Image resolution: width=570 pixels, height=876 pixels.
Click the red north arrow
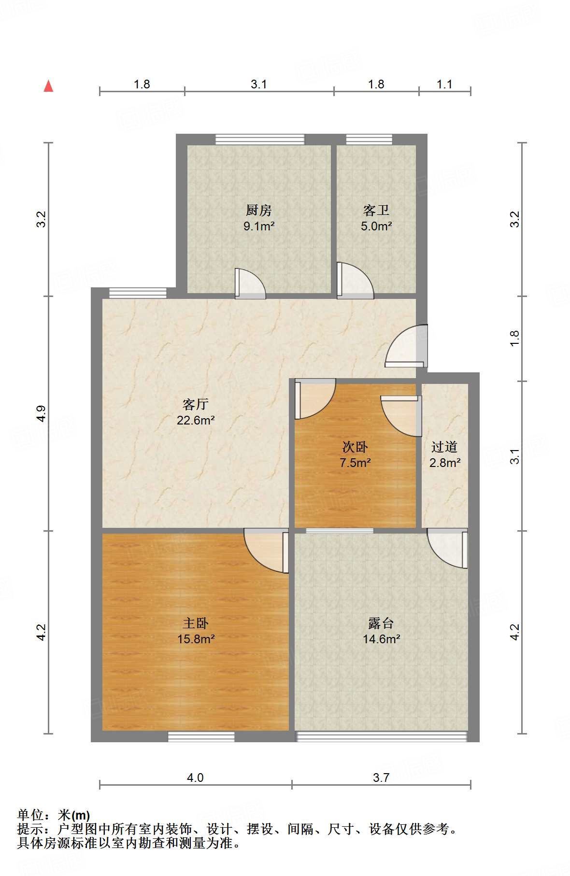[48, 86]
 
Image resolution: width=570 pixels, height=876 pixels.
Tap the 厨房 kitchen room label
[259, 210]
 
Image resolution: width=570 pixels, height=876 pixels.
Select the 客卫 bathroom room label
[376, 210]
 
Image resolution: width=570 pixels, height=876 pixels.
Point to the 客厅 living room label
[196, 404]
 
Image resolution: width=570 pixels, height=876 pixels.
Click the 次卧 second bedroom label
[355, 447]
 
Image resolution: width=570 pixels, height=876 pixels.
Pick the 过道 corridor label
[444, 447]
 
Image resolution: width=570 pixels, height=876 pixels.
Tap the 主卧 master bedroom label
[196, 623]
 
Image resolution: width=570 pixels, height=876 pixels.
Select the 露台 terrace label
[381, 623]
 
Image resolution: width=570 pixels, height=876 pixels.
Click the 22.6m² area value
[196, 420]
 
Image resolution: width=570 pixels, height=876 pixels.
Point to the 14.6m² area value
[382, 639]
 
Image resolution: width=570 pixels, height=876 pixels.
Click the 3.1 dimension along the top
[259, 85]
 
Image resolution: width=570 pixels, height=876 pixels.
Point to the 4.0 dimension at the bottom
[195, 777]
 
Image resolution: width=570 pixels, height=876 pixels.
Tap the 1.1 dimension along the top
[444, 85]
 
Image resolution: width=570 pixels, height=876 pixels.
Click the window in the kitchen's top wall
[260, 140]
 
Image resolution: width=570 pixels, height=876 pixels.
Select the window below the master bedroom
[201, 736]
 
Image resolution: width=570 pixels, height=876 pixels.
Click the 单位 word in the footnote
[31, 815]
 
